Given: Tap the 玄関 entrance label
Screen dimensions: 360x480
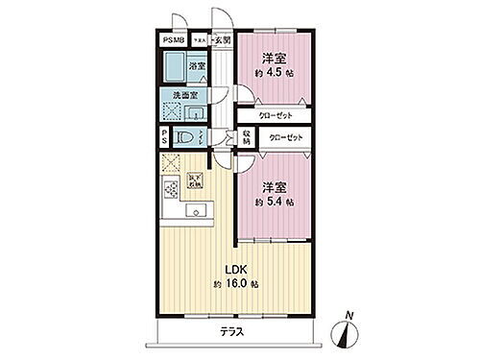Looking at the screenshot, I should pos(222,39).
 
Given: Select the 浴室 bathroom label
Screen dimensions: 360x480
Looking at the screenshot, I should pos(196,65).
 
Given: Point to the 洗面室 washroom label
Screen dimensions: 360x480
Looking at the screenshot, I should pos(184,96).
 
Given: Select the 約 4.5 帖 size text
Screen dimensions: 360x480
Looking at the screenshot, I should pos(275,72).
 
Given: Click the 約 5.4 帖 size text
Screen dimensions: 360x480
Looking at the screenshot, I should pos(274,203).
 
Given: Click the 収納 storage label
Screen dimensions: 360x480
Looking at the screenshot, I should pos(247,137).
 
